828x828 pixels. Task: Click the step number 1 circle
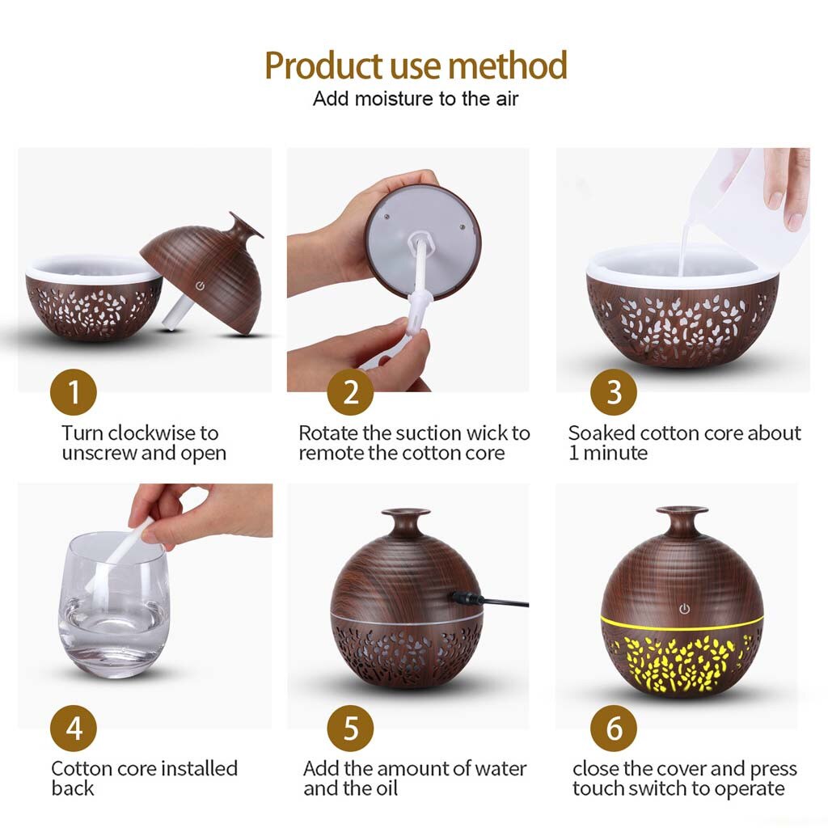(x=73, y=393)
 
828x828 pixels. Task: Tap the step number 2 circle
(x=350, y=393)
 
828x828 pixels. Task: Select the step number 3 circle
(x=614, y=393)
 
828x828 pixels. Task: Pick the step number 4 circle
(x=73, y=728)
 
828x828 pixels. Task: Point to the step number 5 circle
(x=350, y=728)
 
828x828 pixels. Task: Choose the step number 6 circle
(x=614, y=728)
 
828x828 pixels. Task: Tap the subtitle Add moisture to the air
(x=416, y=99)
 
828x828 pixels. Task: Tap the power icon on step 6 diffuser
(x=684, y=608)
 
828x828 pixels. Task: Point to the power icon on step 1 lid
(x=200, y=285)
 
